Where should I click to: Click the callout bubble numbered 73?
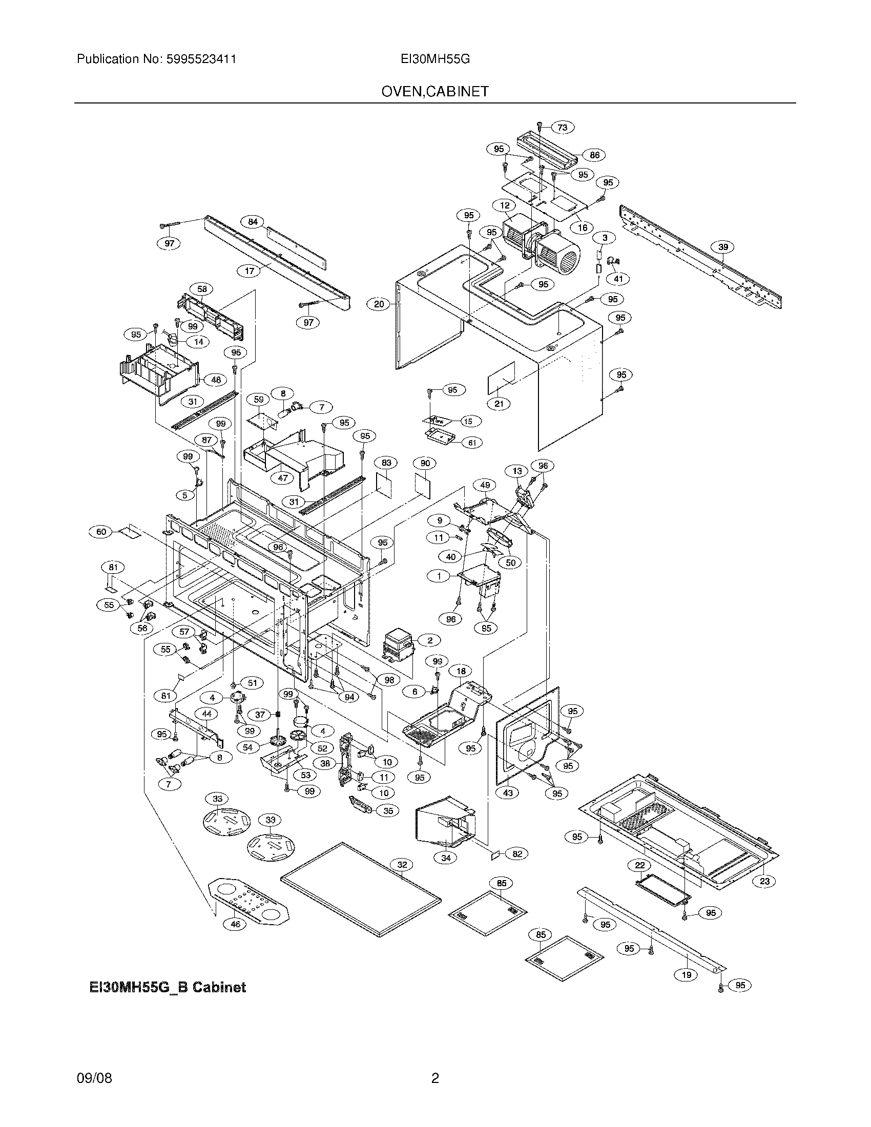563,128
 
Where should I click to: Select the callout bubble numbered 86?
594,155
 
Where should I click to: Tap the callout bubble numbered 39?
723,247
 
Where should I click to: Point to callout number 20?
379,304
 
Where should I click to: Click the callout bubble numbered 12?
505,205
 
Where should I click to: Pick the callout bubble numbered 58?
202,289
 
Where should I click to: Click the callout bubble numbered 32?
403,864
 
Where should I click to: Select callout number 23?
765,881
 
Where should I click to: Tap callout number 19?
687,974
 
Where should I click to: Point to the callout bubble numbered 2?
430,640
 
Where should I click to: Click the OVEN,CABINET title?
435,92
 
